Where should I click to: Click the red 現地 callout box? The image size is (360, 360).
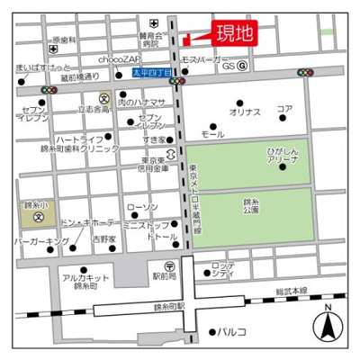pyautogui.click(x=232, y=34)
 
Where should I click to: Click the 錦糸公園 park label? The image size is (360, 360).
pyautogui.click(x=253, y=208)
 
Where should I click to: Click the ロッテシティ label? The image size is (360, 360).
pyautogui.click(x=223, y=269)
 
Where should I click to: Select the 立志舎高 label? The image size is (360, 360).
pyautogui.click(x=94, y=108)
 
